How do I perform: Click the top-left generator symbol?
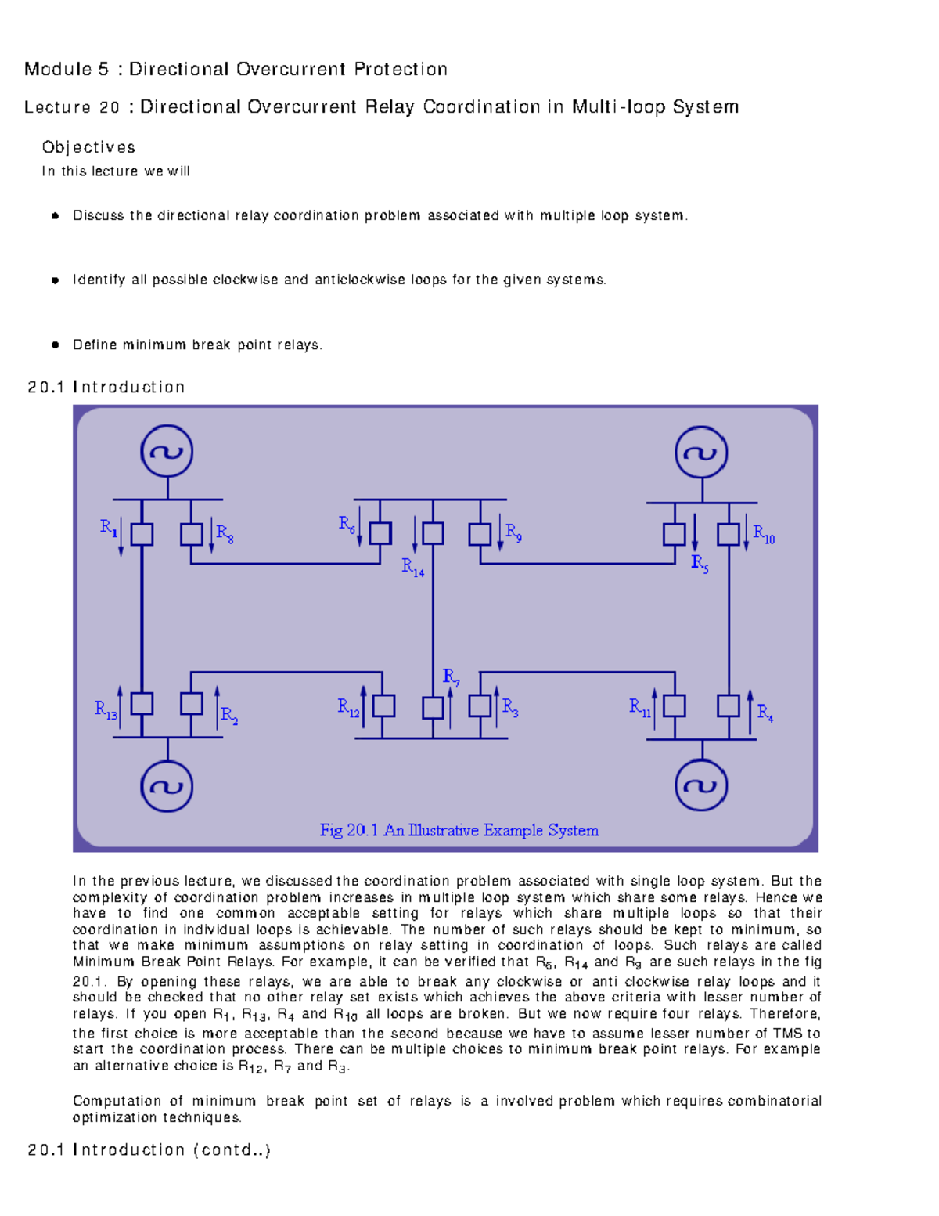click(167, 452)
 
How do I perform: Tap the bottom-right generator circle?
click(701, 785)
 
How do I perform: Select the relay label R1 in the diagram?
click(109, 528)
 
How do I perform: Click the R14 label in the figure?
click(412, 567)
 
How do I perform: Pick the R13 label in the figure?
click(106, 710)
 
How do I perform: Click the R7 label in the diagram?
click(451, 677)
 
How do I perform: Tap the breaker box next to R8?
click(191, 534)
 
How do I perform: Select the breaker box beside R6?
click(380, 533)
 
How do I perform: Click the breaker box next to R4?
click(729, 705)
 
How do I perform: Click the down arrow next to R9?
click(500, 533)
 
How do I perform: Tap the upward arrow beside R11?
click(654, 709)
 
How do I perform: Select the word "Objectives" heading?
click(88, 147)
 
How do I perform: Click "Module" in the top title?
click(58, 69)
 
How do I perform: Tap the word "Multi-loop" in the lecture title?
click(619, 106)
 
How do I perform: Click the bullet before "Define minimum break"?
click(55, 345)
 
